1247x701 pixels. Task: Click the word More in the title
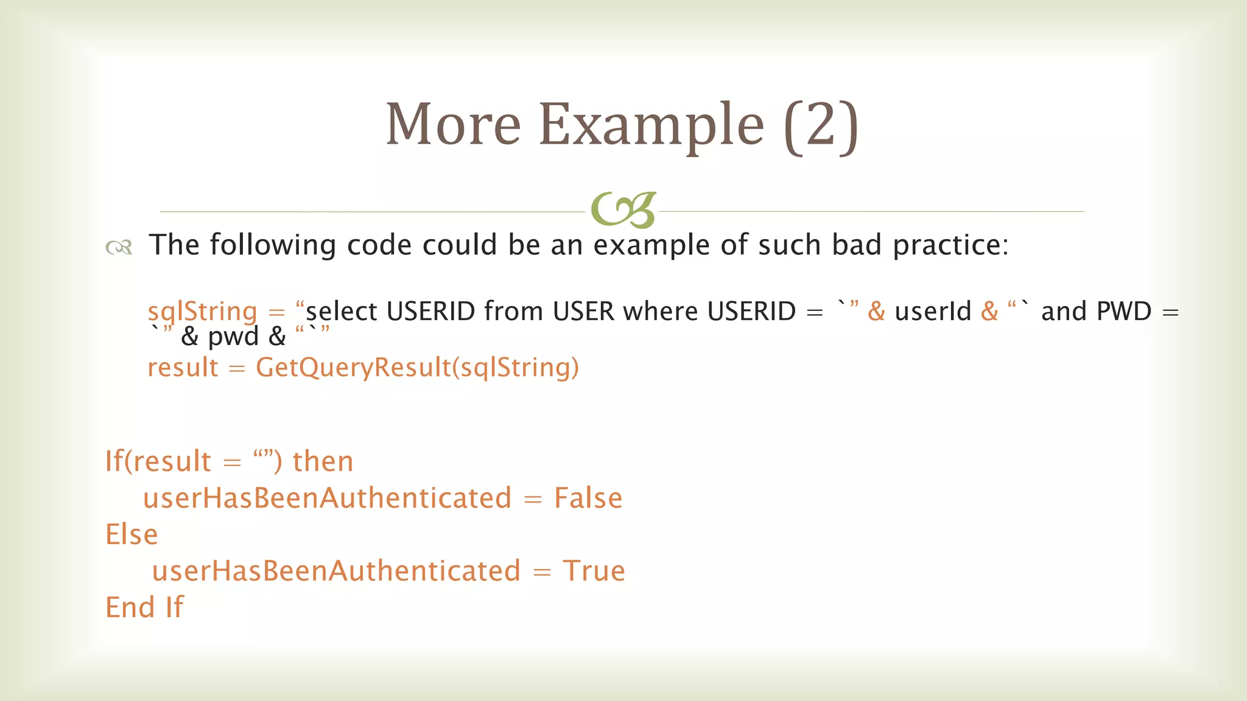click(453, 125)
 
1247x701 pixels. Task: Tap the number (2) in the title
click(821, 126)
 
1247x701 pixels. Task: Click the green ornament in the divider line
click(623, 210)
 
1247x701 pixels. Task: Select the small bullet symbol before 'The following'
click(119, 246)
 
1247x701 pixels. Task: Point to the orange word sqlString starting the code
click(202, 312)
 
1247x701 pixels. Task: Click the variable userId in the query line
click(932, 312)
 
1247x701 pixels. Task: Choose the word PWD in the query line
click(1123, 312)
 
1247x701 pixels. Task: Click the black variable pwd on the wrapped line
click(233, 337)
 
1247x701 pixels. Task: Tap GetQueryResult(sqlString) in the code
click(417, 368)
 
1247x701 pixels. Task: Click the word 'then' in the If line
click(323, 461)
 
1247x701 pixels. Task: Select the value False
click(588, 498)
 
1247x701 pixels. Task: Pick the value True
click(594, 571)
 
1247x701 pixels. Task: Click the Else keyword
click(132, 535)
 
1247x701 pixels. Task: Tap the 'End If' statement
click(144, 607)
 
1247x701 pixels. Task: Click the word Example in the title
click(651, 125)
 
